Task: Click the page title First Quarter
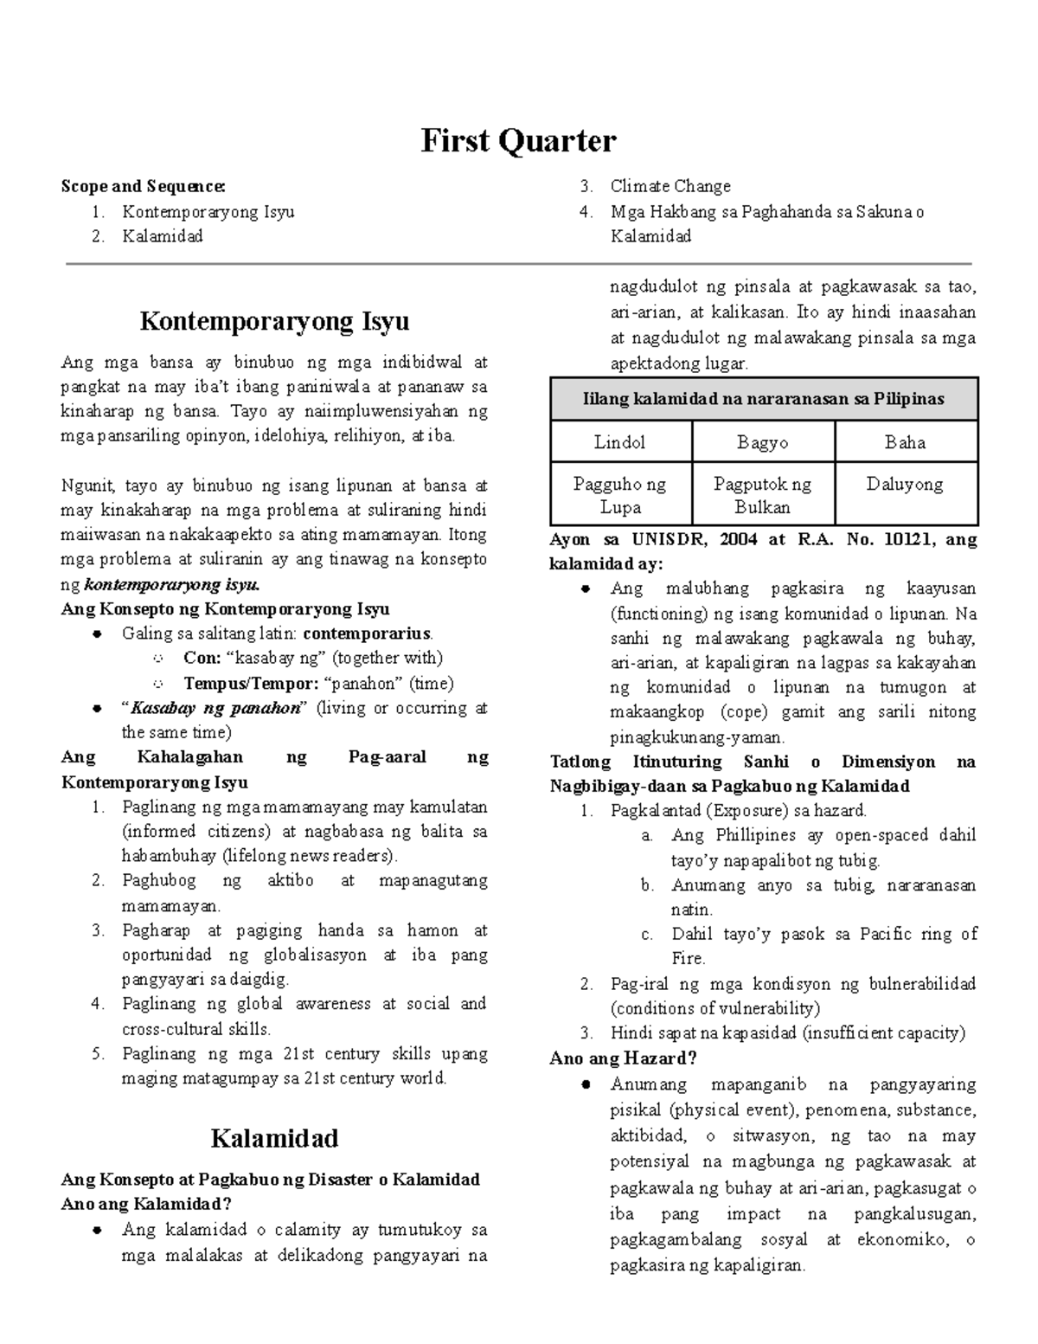tap(518, 141)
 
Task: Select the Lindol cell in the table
tap(619, 442)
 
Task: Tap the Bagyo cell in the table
tap(762, 442)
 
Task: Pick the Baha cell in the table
tap(905, 442)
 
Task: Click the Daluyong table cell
tap(905, 485)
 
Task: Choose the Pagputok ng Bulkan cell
tap(762, 495)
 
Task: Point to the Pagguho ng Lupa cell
tap(619, 495)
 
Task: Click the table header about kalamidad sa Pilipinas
tap(764, 399)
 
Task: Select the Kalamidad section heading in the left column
tap(274, 1138)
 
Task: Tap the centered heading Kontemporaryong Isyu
tap(274, 321)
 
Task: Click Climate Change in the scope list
tap(670, 186)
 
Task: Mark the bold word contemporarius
tap(361, 633)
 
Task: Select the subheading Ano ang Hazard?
tap(623, 1058)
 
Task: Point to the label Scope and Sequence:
tap(144, 186)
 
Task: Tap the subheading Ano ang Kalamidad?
tap(146, 1205)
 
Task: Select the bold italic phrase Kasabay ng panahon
tap(216, 708)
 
